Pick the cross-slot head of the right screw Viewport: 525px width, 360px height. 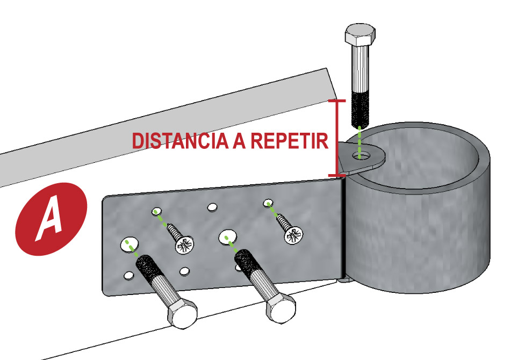(293, 234)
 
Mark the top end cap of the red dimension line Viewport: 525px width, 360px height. (337, 100)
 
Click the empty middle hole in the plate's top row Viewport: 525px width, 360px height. (212, 206)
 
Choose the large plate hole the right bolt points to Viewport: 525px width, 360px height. (226, 236)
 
